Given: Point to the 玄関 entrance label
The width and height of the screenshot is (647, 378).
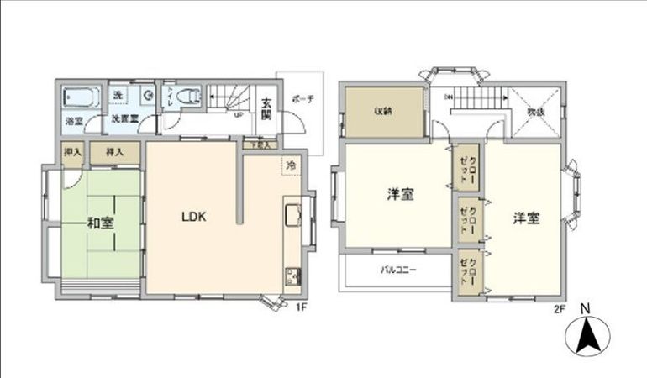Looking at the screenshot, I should [266, 110].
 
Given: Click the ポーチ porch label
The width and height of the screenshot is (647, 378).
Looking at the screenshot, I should [302, 98].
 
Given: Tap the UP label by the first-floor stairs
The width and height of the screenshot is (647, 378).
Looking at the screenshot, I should [239, 117].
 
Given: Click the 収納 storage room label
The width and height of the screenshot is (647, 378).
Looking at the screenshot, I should [384, 110].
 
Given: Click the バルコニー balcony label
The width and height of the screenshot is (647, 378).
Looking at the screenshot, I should [398, 270].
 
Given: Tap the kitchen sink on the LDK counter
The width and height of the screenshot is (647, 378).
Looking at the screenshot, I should [293, 216].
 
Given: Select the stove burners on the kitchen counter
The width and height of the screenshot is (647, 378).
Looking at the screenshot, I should [293, 275].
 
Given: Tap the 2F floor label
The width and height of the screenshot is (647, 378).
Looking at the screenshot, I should [560, 307].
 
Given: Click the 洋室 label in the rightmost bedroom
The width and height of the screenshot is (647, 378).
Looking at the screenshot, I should [527, 218].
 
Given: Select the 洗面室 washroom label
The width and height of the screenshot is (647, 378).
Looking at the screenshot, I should [124, 118].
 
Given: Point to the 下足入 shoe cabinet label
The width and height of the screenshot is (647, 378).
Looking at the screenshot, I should [256, 145].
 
